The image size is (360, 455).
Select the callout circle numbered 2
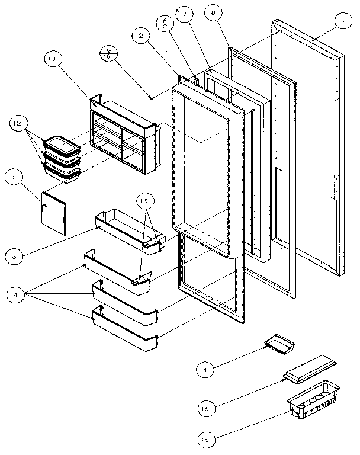(x=140, y=36)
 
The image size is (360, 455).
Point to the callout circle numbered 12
(x=17, y=124)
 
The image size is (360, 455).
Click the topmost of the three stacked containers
(x=62, y=145)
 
